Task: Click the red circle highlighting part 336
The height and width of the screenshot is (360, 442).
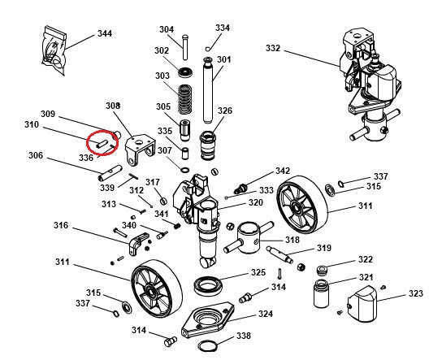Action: [x=103, y=143]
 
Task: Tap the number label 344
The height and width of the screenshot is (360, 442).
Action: [x=105, y=34]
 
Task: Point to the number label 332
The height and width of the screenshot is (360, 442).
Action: [x=273, y=49]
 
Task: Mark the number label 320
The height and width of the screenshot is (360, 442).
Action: [x=255, y=203]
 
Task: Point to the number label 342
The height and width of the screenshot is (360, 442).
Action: [x=282, y=171]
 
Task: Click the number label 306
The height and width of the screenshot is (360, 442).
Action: [x=36, y=156]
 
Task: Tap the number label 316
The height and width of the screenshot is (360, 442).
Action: [x=62, y=225]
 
